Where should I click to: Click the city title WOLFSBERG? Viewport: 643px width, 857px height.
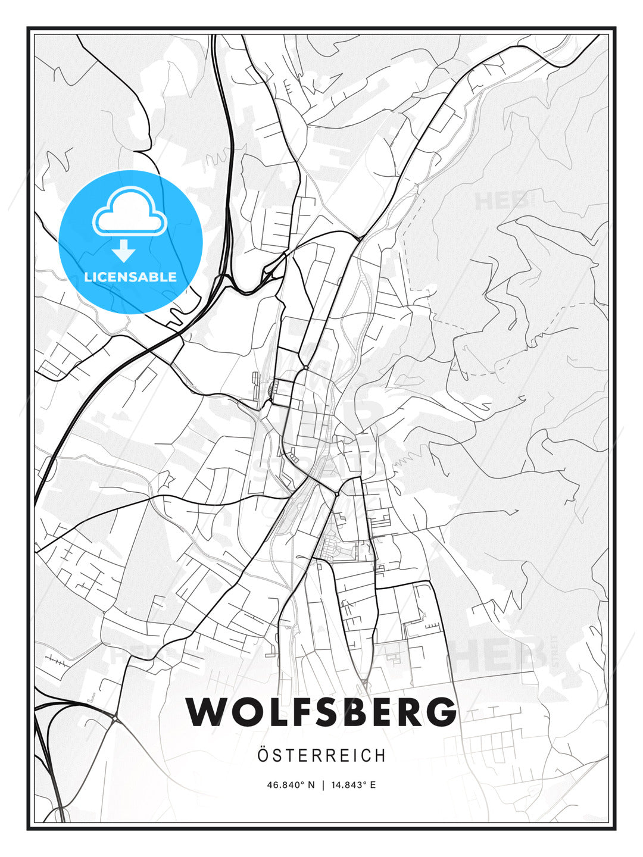pos(321,711)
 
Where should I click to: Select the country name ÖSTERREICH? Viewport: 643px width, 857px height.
pos(321,755)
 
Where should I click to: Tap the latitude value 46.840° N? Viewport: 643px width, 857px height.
pos(291,785)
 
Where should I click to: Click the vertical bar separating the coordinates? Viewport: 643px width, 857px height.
pos(322,785)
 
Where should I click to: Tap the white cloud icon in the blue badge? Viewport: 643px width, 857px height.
pos(130,213)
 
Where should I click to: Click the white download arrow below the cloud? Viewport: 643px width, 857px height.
pos(124,251)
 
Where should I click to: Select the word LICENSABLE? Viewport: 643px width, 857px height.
pos(130,277)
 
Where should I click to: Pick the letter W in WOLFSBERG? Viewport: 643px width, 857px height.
pos(206,711)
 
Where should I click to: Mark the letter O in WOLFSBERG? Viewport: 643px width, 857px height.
pos(241,711)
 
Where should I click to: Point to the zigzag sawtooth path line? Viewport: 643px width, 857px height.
pos(410,459)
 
